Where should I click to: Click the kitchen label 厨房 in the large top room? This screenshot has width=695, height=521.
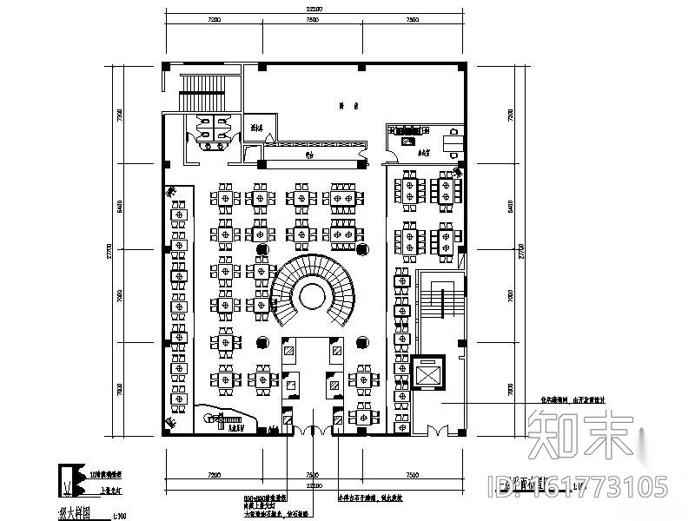click(344, 106)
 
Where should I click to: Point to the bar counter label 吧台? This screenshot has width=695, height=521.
click(308, 157)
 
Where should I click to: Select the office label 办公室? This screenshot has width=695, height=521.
click(401, 151)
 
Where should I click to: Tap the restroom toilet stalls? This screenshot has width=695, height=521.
click(210, 128)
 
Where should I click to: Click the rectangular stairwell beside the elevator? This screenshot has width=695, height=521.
click(441, 303)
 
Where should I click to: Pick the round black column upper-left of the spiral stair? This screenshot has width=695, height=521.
click(260, 249)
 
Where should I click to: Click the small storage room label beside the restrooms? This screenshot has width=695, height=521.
click(255, 128)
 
